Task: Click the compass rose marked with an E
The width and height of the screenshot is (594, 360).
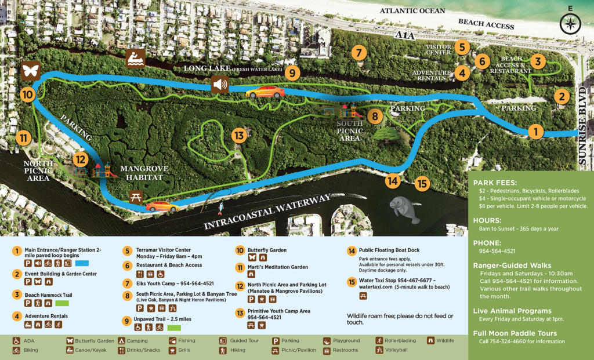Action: tap(570, 23)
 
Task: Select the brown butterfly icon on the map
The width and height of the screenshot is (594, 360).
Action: tap(30, 71)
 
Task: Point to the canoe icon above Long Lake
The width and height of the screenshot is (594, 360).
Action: tap(135, 57)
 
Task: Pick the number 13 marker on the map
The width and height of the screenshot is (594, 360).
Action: tap(238, 136)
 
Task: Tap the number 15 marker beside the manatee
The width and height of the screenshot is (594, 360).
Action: tap(422, 184)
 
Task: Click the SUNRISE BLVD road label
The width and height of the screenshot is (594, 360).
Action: tap(584, 128)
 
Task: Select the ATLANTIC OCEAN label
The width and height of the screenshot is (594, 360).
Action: tap(412, 11)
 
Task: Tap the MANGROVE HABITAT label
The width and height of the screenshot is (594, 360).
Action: tap(144, 173)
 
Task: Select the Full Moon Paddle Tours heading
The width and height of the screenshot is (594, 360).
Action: tap(515, 333)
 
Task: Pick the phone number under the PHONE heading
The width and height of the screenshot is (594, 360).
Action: tap(497, 252)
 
